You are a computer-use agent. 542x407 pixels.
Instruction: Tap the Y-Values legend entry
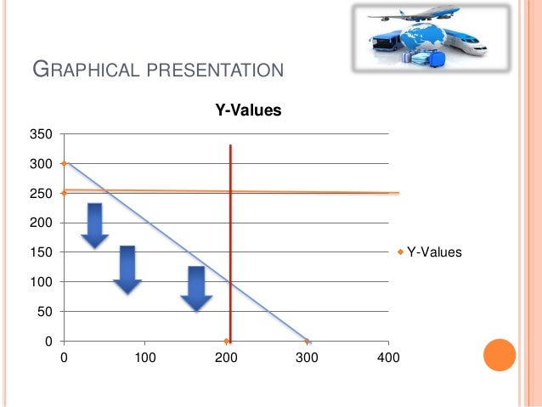point(433,252)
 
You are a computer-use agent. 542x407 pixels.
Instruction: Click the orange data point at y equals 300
point(64,163)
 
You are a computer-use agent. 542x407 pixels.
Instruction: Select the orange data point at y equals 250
point(64,193)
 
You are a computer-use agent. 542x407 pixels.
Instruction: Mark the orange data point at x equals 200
point(226,341)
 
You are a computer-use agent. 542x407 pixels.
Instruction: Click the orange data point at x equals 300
point(307,341)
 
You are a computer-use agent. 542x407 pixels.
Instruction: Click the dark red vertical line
point(230,238)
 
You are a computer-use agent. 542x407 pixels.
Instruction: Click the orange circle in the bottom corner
point(500,355)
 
